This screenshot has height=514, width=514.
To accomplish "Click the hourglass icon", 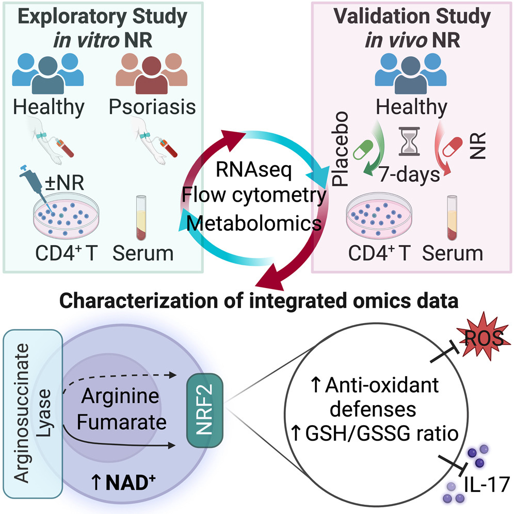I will [x=409, y=142].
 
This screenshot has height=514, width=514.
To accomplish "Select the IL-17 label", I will [x=478, y=485].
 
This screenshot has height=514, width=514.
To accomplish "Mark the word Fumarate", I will [x=123, y=422].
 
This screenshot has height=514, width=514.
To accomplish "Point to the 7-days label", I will [x=408, y=174].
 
